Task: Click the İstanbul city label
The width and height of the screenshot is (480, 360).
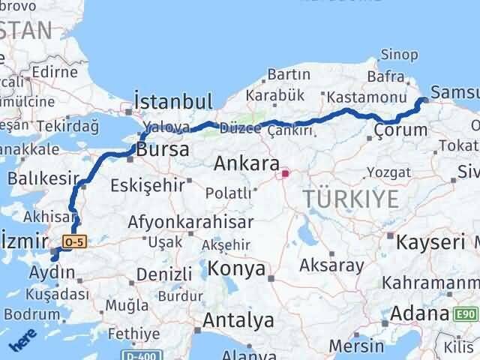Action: (x=173, y=101)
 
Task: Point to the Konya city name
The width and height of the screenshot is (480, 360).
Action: (x=236, y=268)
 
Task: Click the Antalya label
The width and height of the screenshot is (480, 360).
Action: (x=239, y=321)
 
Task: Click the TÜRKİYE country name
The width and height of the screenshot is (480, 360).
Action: (x=350, y=199)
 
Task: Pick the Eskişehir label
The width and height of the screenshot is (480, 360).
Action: (x=147, y=184)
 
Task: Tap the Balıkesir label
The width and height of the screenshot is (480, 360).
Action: (x=43, y=178)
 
